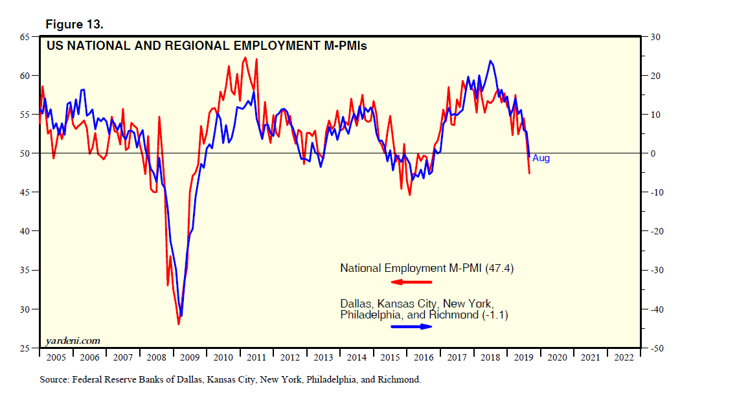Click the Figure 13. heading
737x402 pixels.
(x=74, y=25)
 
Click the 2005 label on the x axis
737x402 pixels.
(x=56, y=357)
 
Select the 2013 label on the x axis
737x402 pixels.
(x=323, y=357)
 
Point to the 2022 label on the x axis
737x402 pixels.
(x=623, y=357)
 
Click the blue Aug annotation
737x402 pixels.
(x=541, y=158)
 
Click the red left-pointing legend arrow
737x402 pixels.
(x=411, y=282)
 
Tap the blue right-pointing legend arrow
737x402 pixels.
(x=411, y=326)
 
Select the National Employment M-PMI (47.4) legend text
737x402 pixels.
(x=427, y=268)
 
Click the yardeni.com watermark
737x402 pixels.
(x=73, y=341)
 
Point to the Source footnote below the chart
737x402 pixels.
(x=230, y=379)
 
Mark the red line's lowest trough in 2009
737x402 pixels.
(x=178, y=324)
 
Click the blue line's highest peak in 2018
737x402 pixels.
(x=491, y=61)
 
